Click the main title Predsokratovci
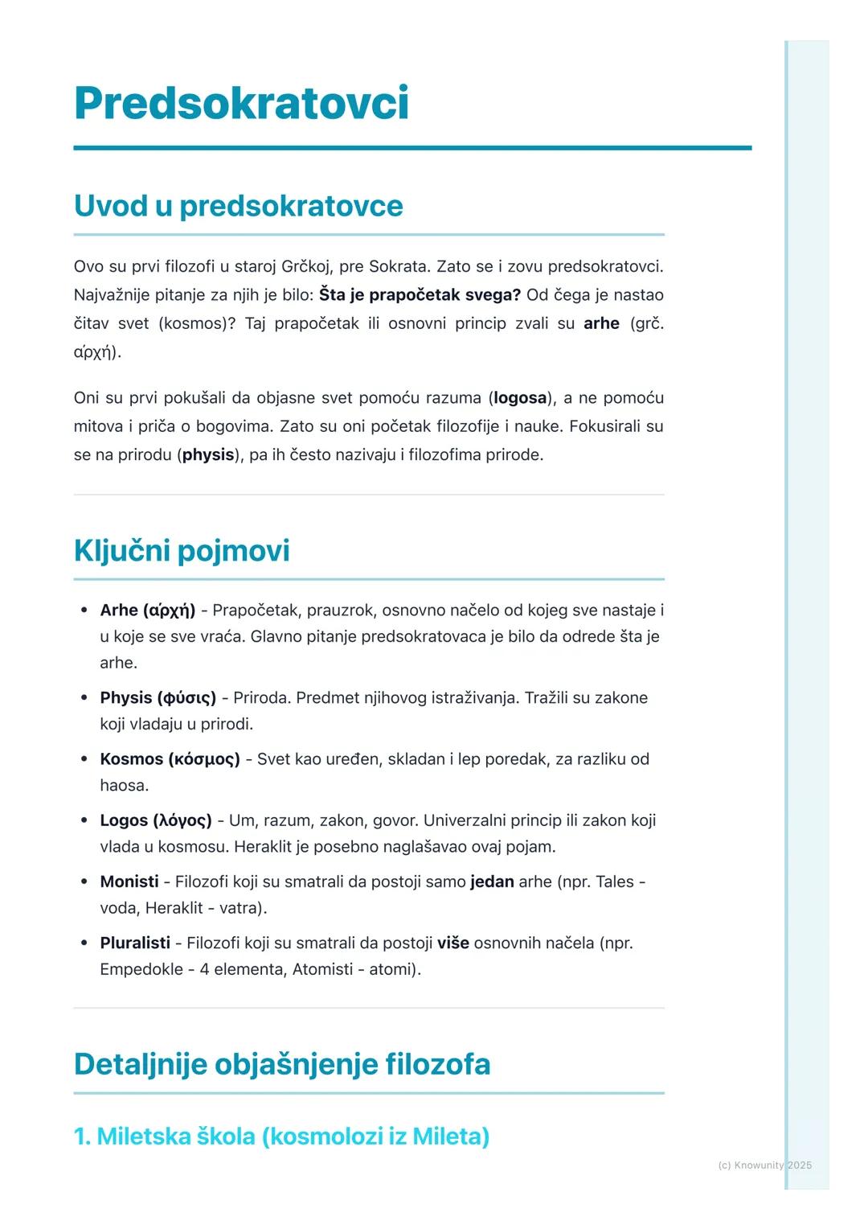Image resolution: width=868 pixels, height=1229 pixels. click(241, 104)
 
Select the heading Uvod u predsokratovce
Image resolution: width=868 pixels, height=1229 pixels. click(238, 206)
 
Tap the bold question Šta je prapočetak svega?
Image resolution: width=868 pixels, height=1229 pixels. click(420, 295)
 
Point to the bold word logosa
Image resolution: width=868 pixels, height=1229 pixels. click(520, 398)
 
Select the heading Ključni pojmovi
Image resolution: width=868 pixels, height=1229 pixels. click(182, 551)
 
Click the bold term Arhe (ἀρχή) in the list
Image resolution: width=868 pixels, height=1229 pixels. click(147, 610)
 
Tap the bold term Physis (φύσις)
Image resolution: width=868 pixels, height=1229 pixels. click(158, 697)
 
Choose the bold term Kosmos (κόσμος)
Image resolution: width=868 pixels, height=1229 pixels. click(170, 759)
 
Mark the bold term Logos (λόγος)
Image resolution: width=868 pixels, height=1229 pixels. click(155, 820)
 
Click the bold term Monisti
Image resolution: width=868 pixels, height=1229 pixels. click(129, 882)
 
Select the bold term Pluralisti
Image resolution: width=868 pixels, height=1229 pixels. click(135, 943)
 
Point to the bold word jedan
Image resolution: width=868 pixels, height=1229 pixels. click(492, 882)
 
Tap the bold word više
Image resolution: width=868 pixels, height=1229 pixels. click(453, 943)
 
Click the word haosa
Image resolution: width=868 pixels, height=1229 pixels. click(124, 786)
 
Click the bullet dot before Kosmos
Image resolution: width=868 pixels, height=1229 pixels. click(84, 759)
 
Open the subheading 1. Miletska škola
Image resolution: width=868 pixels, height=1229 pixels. click(281, 1137)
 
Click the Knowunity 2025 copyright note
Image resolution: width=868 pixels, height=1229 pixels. click(764, 1165)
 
